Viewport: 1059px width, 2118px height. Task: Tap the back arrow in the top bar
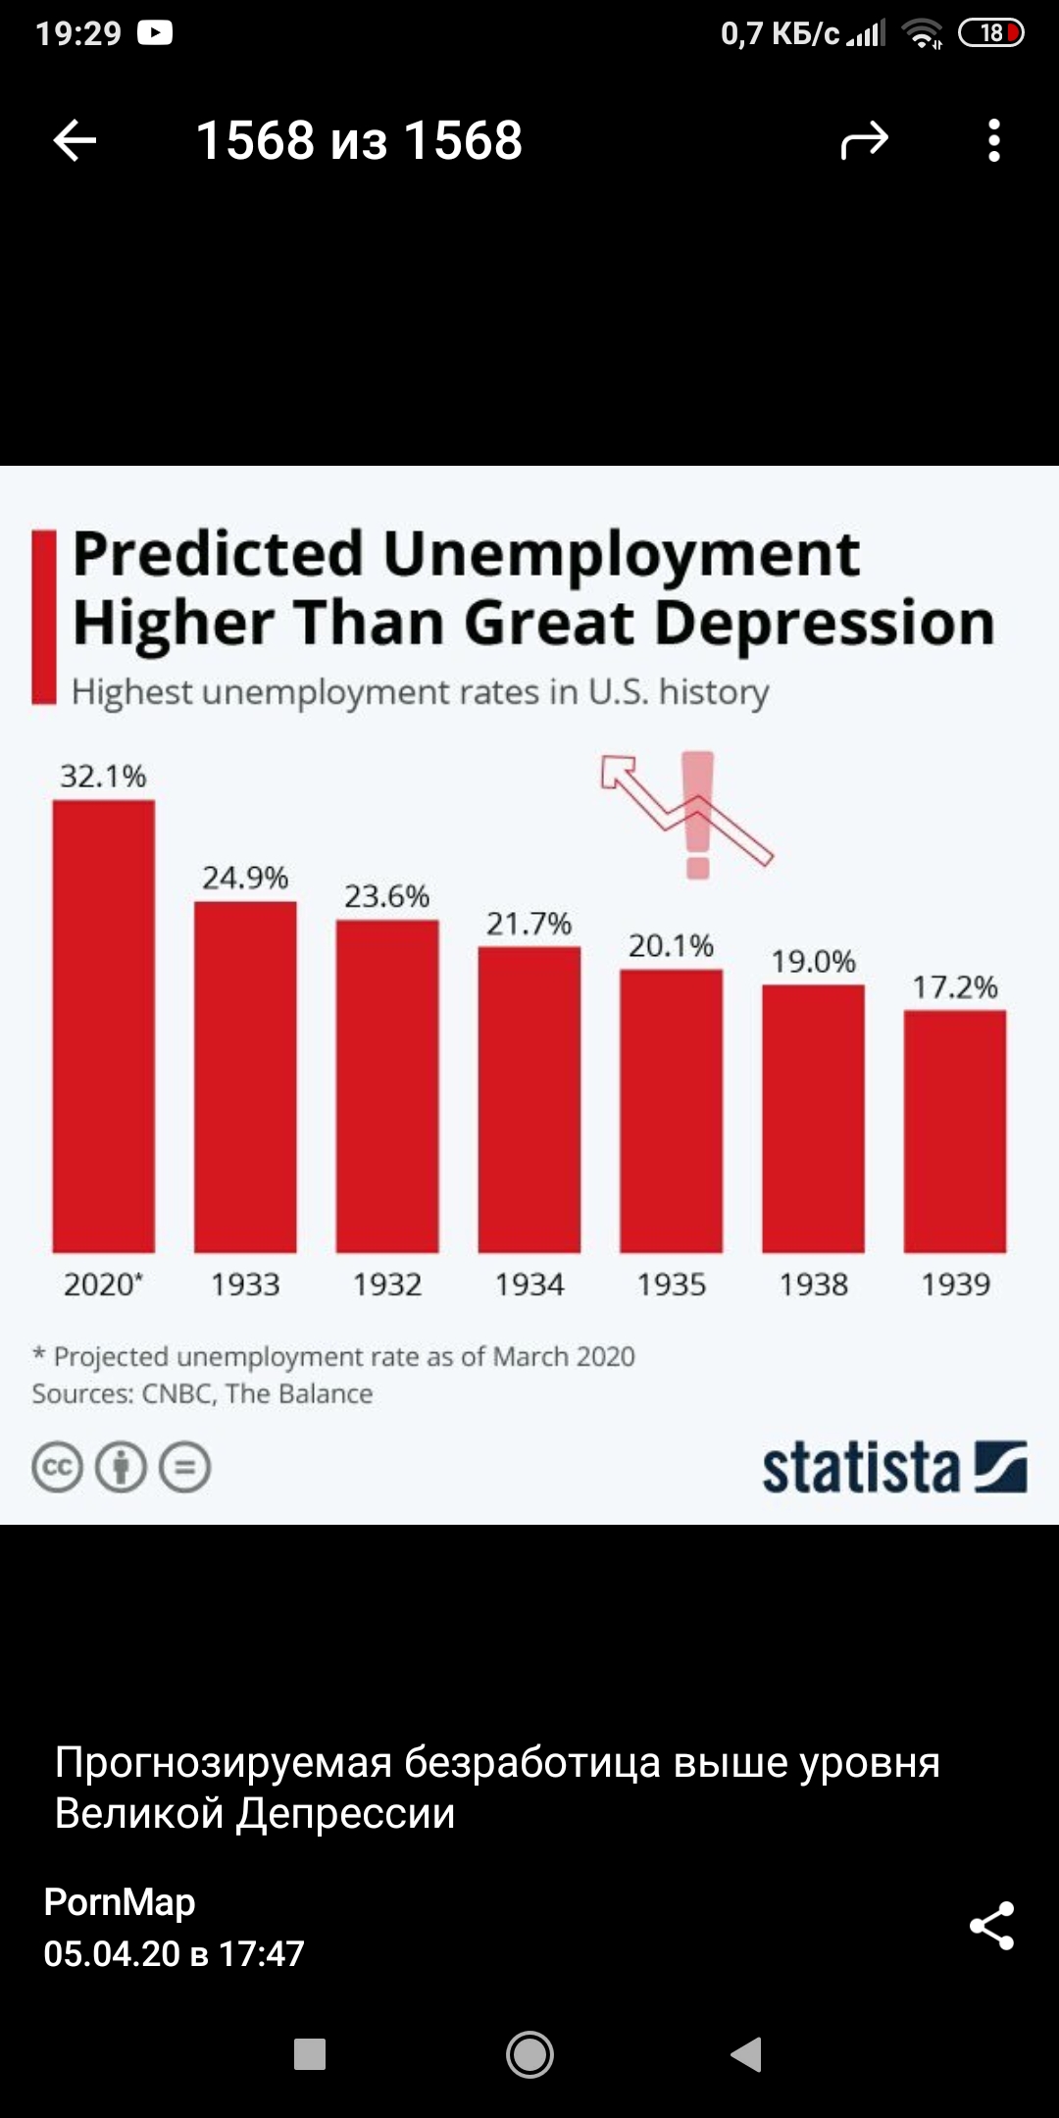point(75,140)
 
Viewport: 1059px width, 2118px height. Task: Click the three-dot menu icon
point(993,140)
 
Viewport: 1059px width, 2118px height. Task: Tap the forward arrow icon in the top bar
point(864,141)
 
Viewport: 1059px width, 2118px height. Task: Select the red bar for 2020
point(104,1026)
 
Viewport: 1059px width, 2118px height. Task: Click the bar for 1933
point(245,1077)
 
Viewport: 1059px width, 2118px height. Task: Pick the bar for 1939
point(955,1131)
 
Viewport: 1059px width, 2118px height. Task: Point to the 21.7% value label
point(529,924)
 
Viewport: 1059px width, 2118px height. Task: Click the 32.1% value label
point(103,777)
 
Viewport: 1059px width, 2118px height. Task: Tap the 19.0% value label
point(813,962)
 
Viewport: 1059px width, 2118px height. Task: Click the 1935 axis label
point(671,1285)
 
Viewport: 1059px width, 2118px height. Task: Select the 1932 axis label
point(387,1285)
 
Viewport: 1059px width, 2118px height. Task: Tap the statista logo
point(893,1468)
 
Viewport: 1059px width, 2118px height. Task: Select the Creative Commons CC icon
point(57,1468)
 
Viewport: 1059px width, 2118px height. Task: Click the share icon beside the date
point(991,1926)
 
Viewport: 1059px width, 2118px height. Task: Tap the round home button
point(529,2053)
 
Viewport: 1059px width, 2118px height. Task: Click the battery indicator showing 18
point(990,33)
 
